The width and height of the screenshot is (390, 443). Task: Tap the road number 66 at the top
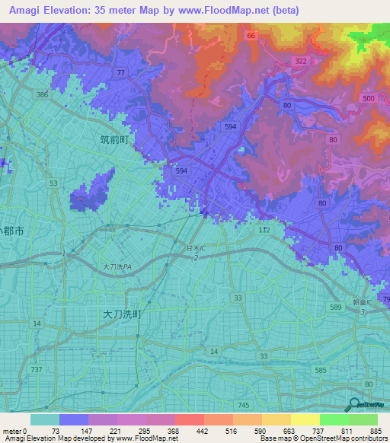coord(250,35)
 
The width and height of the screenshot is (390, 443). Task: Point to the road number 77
coord(120,72)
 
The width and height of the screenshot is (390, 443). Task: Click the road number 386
coord(43,95)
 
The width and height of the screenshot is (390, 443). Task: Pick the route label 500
coord(369,99)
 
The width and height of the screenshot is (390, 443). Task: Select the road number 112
coord(264,229)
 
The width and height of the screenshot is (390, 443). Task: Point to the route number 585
coord(321,371)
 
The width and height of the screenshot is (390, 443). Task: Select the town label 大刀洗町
coord(122,313)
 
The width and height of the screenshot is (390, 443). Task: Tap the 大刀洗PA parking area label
coord(118,267)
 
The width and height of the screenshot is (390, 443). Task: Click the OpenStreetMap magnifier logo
coord(353,405)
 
